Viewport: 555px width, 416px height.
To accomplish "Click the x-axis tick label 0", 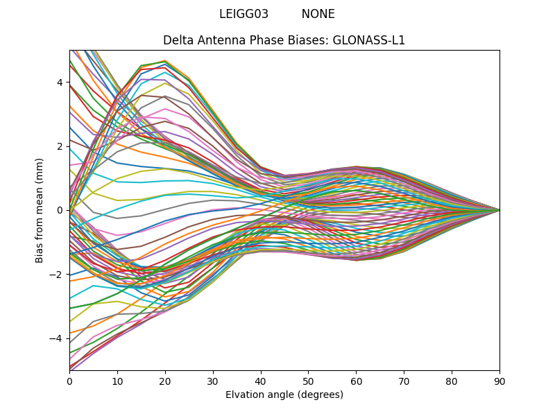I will coord(69,381).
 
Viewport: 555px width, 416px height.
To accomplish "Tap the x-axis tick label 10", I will coord(117,381).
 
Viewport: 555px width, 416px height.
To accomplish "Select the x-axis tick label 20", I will coord(165,381).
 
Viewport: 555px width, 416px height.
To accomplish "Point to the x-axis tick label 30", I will coord(213,381).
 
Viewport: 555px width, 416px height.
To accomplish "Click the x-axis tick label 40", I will coord(261,381).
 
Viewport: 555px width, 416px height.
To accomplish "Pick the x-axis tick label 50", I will coord(308,381).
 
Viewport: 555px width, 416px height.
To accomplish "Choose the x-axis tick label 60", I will coord(356,381).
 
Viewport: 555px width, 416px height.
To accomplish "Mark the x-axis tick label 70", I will coord(404,381).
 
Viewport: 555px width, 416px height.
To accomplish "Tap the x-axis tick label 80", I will coord(452,381).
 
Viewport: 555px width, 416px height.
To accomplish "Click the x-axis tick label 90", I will coord(499,381).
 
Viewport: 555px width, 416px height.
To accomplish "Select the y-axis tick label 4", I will coord(60,83).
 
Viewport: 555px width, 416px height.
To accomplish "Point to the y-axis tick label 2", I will coord(60,146).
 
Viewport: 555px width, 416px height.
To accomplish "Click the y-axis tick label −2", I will coord(58,275).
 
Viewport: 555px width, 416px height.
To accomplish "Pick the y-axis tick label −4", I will coord(58,338).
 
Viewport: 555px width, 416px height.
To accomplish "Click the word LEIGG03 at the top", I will coord(244,14).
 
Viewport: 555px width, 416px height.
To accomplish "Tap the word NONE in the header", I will coord(318,14).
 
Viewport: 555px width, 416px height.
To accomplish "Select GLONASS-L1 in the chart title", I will coord(368,40).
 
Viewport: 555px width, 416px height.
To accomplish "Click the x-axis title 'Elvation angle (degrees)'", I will coord(284,395).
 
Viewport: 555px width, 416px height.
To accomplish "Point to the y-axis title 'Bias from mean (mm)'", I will coord(40,209).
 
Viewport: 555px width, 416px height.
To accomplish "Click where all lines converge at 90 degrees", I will coord(499,210).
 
